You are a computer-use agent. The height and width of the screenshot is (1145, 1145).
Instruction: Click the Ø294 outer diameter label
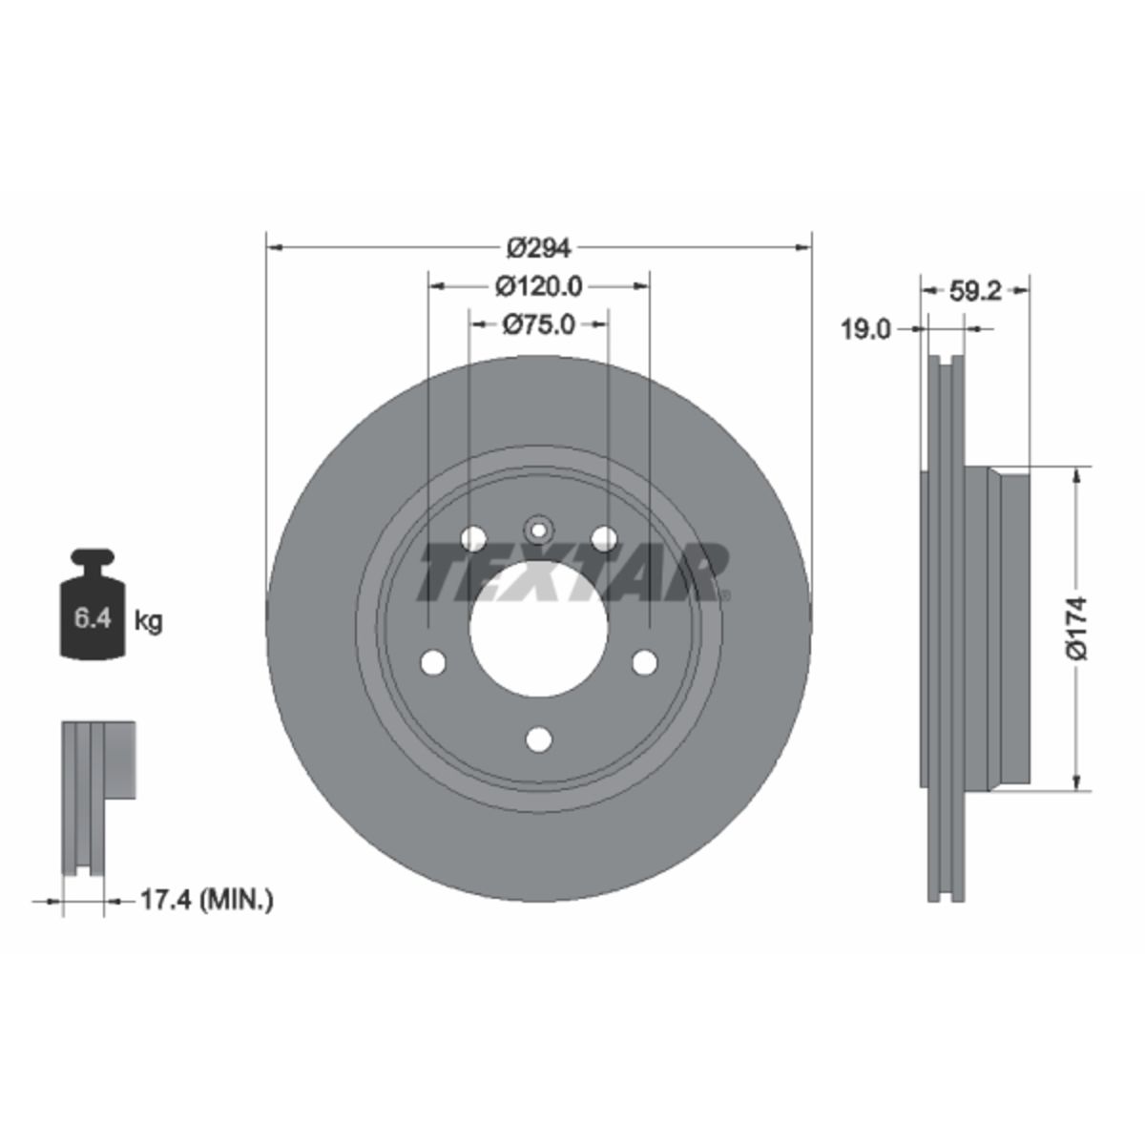click(538, 248)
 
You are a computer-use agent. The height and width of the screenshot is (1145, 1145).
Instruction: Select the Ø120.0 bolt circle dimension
click(539, 287)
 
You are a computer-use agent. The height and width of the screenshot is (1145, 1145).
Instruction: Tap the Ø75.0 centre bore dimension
click(539, 324)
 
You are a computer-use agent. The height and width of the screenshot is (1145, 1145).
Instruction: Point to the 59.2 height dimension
click(975, 291)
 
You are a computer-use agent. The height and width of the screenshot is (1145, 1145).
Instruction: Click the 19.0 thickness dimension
click(865, 329)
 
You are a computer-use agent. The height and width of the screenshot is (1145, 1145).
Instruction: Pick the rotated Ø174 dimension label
click(1076, 629)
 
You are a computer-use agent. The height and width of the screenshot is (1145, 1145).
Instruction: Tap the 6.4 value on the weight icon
click(93, 618)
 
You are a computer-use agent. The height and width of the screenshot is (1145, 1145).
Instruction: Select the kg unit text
click(148, 622)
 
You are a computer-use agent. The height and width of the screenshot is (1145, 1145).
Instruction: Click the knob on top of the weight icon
click(93, 557)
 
